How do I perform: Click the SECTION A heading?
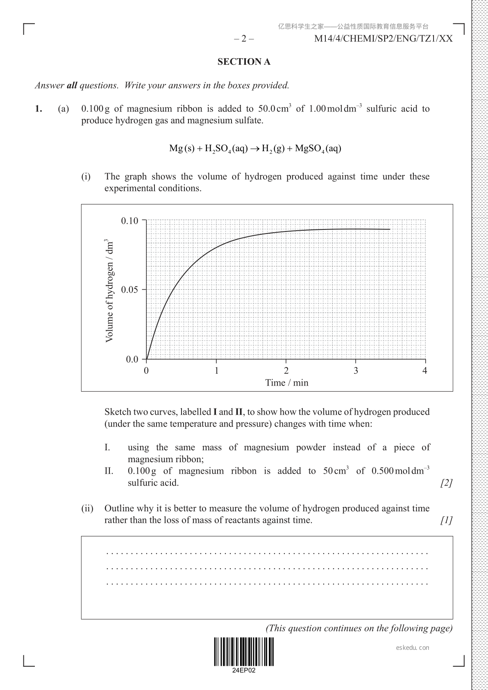pyautogui.click(x=244, y=62)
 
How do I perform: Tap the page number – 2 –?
pyautogui.click(x=244, y=39)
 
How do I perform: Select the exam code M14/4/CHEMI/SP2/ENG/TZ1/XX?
pyautogui.click(x=384, y=39)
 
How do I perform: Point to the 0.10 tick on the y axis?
pyautogui.click(x=130, y=221)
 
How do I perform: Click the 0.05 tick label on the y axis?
pyautogui.click(x=130, y=290)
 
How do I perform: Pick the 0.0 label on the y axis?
pyautogui.click(x=132, y=359)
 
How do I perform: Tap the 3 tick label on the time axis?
pyautogui.click(x=356, y=371)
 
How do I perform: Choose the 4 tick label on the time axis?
pyautogui.click(x=425, y=371)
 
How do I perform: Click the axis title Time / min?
pyautogui.click(x=286, y=383)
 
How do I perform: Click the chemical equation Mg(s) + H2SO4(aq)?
pyautogui.click(x=255, y=148)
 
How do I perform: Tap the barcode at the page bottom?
pyautogui.click(x=244, y=651)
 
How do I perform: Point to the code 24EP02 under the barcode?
pyautogui.click(x=244, y=671)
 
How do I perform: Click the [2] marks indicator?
pyautogui.click(x=446, y=483)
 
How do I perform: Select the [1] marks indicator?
pyautogui.click(x=446, y=520)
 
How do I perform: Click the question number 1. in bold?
pyautogui.click(x=39, y=109)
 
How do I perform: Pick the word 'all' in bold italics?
pyautogui.click(x=72, y=86)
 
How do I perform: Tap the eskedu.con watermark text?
pyautogui.click(x=413, y=648)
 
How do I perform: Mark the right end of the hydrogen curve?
pyautogui.click(x=390, y=229)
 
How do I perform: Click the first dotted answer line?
pyautogui.click(x=267, y=554)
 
